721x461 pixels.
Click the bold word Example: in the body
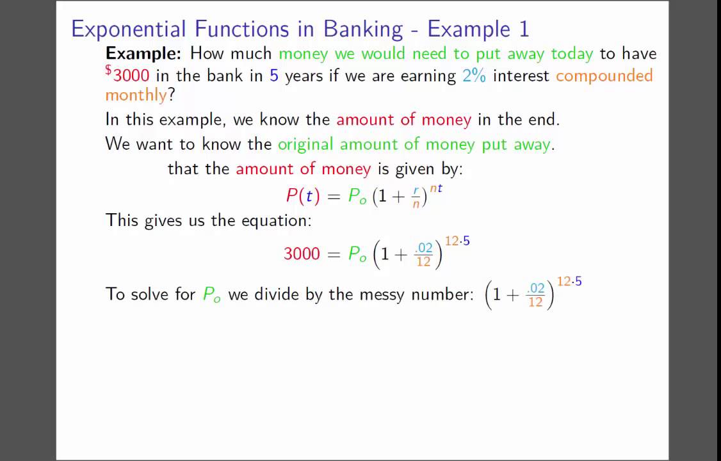tap(144, 53)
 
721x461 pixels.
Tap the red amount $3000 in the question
tap(127, 76)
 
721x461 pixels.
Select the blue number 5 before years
tap(274, 76)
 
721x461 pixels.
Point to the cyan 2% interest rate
tap(474, 76)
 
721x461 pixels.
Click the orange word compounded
tap(604, 76)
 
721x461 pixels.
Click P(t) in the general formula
tap(302, 196)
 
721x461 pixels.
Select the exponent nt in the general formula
tap(435, 188)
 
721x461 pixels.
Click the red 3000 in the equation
tap(302, 254)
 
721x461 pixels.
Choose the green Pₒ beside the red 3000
tap(357, 254)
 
